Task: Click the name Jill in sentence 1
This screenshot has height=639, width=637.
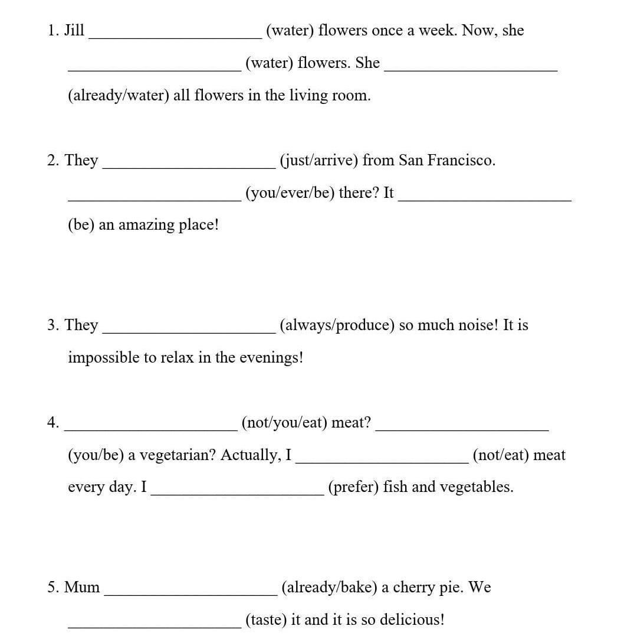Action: [74, 31]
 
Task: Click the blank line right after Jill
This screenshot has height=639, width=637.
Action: [175, 35]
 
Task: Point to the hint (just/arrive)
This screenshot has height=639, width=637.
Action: [318, 160]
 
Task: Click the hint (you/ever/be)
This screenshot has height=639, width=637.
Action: [290, 193]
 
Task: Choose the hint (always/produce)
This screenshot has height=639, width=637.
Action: [337, 325]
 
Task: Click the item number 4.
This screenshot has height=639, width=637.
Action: [53, 422]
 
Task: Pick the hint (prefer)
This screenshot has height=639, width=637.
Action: [353, 487]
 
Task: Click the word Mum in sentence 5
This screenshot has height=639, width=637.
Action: [82, 588]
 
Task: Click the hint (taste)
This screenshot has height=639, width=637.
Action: [266, 620]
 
